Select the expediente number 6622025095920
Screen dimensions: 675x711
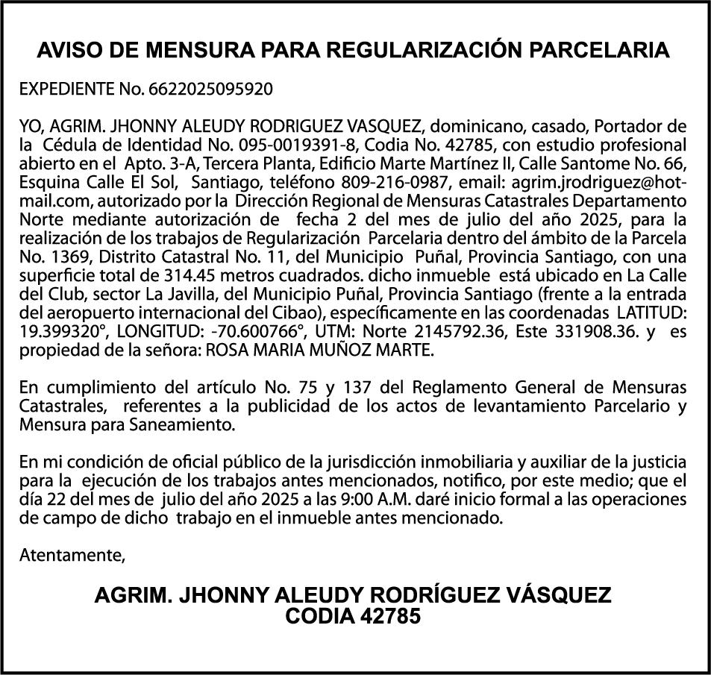coord(211,90)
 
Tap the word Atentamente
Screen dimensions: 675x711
coord(72,555)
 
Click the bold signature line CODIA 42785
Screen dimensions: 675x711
coord(354,617)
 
